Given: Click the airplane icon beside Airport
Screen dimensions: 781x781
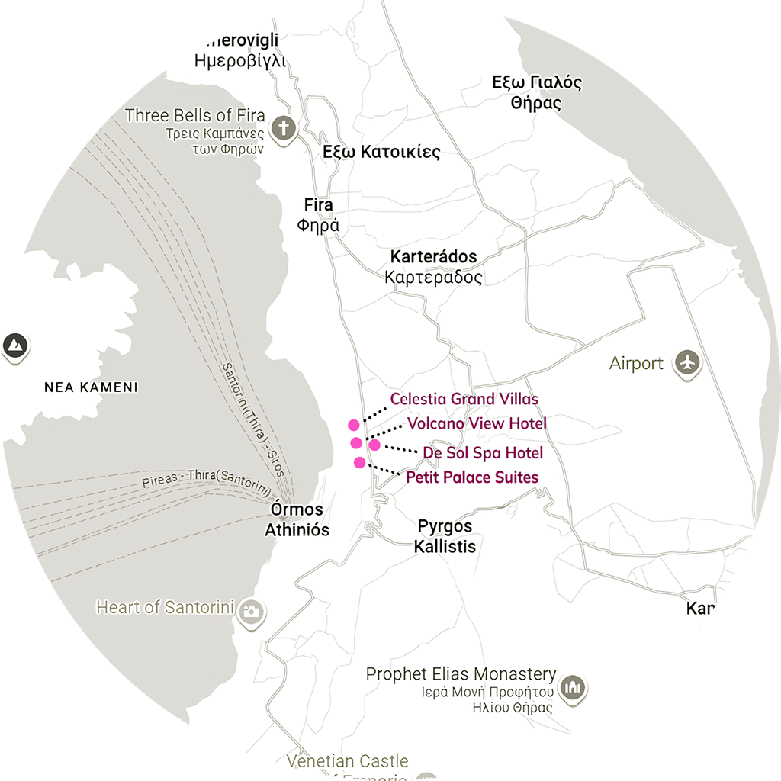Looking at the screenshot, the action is point(688,364).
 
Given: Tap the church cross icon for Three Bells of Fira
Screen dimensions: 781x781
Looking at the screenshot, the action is point(284,127).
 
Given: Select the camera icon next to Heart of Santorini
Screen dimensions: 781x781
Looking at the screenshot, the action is point(251,610).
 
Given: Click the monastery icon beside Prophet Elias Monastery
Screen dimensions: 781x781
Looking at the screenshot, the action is point(572,688).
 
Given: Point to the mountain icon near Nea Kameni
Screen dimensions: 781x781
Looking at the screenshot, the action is point(13,346).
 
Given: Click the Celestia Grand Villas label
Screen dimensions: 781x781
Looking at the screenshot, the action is point(464,399).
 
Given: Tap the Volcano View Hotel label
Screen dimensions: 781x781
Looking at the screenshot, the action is point(477,423).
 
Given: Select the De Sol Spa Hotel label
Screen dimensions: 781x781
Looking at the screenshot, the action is point(483,453).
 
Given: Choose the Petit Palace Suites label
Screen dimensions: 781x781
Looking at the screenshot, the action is point(471,477).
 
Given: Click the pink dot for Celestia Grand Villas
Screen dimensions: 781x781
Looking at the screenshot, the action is point(353,425).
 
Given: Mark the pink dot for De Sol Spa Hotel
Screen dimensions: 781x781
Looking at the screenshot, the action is point(374,445).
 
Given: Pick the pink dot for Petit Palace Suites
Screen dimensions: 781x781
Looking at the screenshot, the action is point(359,462).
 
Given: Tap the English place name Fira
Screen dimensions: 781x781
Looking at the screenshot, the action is point(318,205).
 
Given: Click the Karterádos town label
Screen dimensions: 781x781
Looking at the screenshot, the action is point(433,257).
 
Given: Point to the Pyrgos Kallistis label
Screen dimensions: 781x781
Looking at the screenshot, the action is point(445,536).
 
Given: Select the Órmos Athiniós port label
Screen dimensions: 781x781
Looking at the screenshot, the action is point(297,519).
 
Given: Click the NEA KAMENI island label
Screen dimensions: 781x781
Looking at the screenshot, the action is point(91,387).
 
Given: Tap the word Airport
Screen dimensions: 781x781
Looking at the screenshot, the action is point(636,364).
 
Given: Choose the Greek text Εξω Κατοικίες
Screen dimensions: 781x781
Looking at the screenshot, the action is point(381,152).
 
